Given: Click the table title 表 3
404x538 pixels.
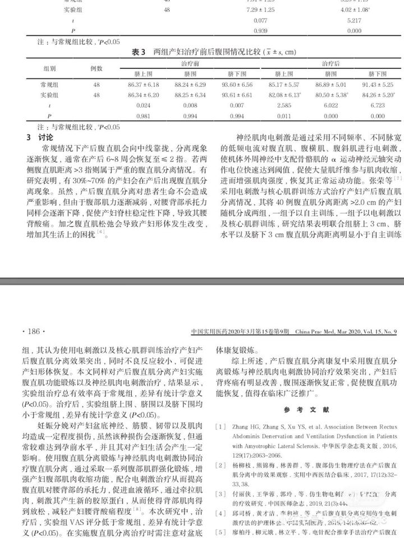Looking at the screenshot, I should pyautogui.click(x=138, y=52).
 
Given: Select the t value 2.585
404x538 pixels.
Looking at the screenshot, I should pyautogui.click(x=287, y=105).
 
